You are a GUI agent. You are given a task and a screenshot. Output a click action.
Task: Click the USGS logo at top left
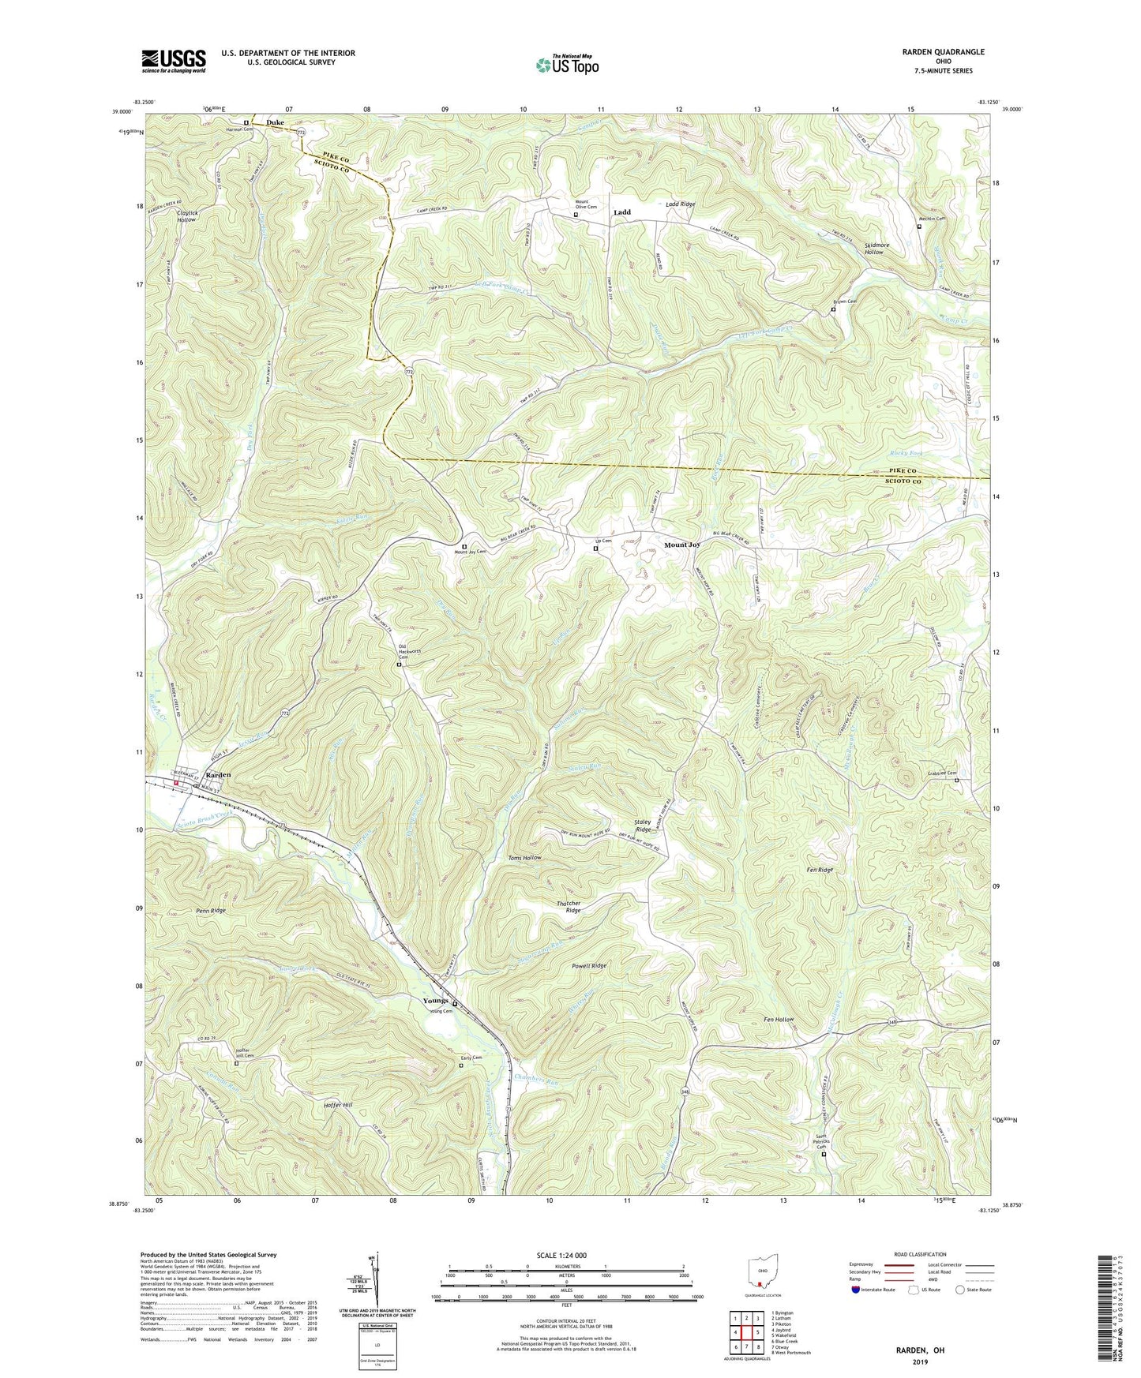(x=174, y=60)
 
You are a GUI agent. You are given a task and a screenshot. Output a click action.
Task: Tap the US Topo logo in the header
(x=566, y=65)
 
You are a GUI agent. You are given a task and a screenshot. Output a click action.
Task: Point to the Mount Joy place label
(x=682, y=545)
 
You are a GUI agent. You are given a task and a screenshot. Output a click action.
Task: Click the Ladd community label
(x=622, y=212)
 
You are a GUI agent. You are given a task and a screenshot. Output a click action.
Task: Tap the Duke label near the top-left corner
(x=275, y=122)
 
